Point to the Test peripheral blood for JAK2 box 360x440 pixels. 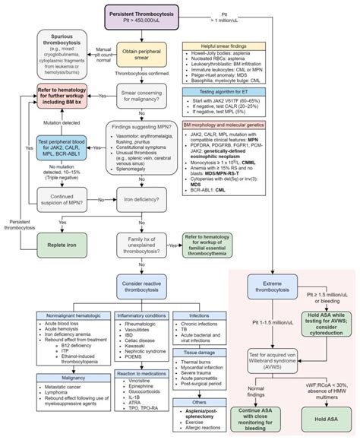48,151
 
